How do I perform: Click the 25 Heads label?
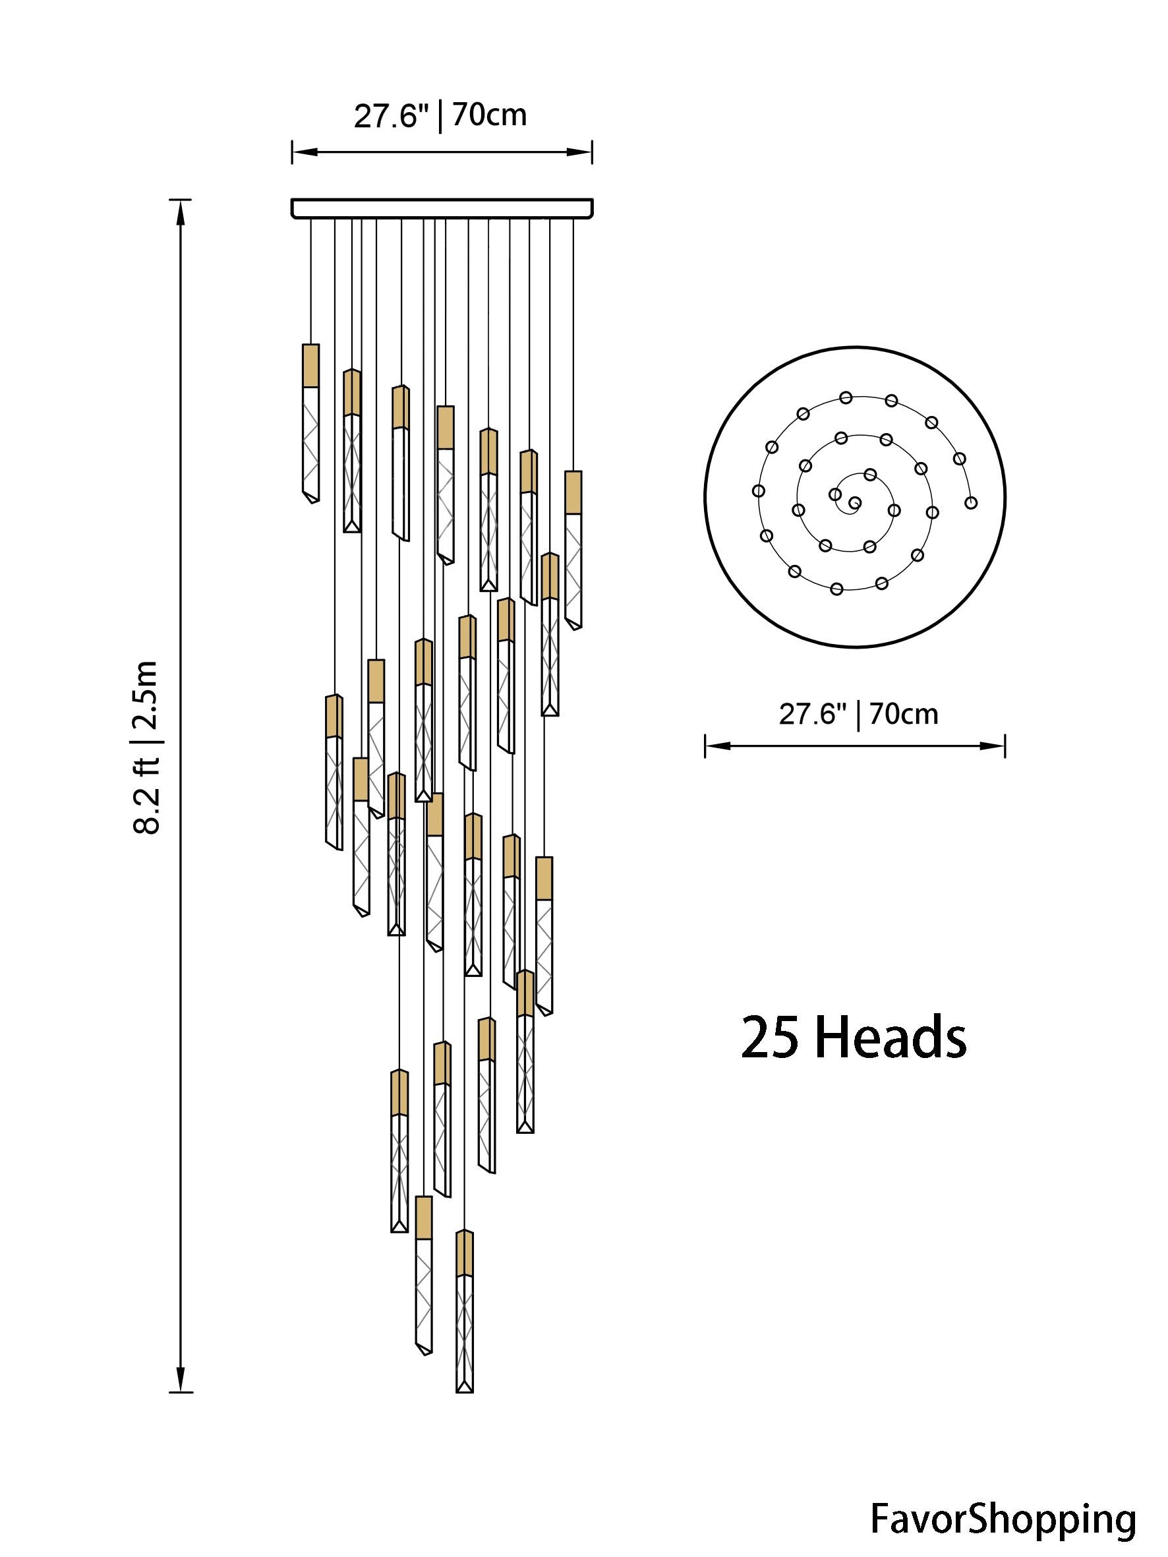(x=854, y=1038)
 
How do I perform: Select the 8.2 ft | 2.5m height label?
(x=147, y=747)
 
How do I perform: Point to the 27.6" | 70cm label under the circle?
(x=858, y=715)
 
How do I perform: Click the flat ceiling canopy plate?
(x=442, y=208)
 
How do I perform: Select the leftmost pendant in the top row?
(x=310, y=423)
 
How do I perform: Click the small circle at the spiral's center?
(x=855, y=502)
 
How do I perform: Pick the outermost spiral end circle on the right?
(x=971, y=502)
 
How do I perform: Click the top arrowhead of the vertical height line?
(x=181, y=211)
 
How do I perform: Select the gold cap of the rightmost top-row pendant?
(x=573, y=492)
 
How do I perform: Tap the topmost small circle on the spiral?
(x=846, y=397)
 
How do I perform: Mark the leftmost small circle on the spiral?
(x=758, y=490)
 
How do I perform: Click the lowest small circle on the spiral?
(x=837, y=589)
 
